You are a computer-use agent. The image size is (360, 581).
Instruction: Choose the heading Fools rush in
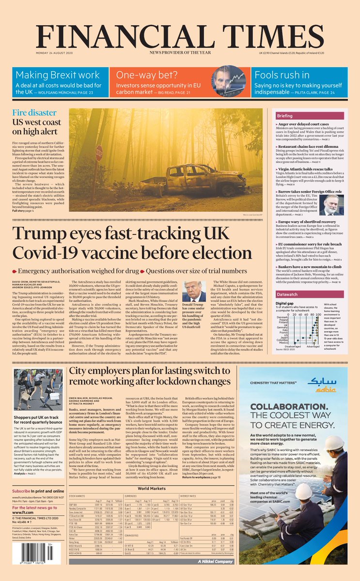coord(282,75)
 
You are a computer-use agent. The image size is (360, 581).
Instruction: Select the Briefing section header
coord(298,116)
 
